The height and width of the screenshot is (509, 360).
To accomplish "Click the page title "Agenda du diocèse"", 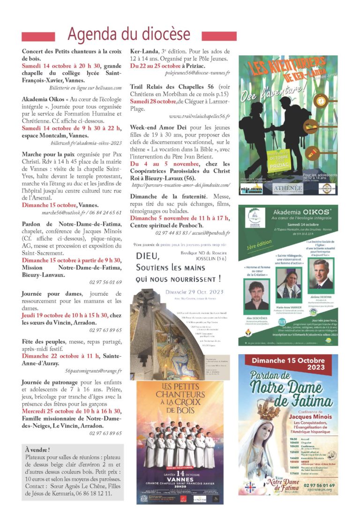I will click(x=129, y=34).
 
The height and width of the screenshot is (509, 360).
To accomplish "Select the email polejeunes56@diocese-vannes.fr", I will click(x=197, y=73).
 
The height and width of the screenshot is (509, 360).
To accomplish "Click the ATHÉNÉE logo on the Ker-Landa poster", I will click(x=288, y=188).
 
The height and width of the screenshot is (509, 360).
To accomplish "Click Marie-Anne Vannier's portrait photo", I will click(x=288, y=286).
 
